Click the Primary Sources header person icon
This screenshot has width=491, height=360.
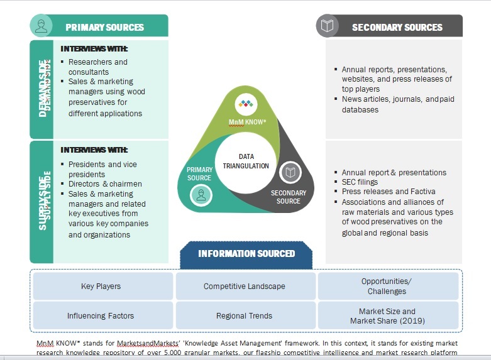[41, 26]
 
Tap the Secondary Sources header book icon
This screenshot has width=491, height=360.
[327, 26]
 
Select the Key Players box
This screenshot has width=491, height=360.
[101, 286]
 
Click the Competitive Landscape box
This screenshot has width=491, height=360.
[244, 286]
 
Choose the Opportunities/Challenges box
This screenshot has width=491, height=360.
[387, 286]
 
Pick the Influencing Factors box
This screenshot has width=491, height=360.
[101, 315]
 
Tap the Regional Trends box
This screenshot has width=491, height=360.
[244, 315]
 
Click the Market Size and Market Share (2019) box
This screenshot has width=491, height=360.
[387, 315]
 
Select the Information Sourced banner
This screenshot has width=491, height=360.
[246, 254]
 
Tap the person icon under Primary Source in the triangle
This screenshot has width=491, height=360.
[201, 196]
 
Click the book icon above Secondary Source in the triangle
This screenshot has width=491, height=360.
[290, 172]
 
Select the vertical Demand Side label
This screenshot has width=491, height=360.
[43, 89]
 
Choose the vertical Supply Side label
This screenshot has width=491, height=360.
[43, 202]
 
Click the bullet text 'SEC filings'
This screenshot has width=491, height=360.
[360, 182]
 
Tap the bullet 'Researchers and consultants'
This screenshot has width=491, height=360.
[97, 67]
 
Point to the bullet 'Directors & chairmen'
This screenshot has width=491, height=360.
[105, 184]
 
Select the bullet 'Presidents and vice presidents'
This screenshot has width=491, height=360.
[102, 169]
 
